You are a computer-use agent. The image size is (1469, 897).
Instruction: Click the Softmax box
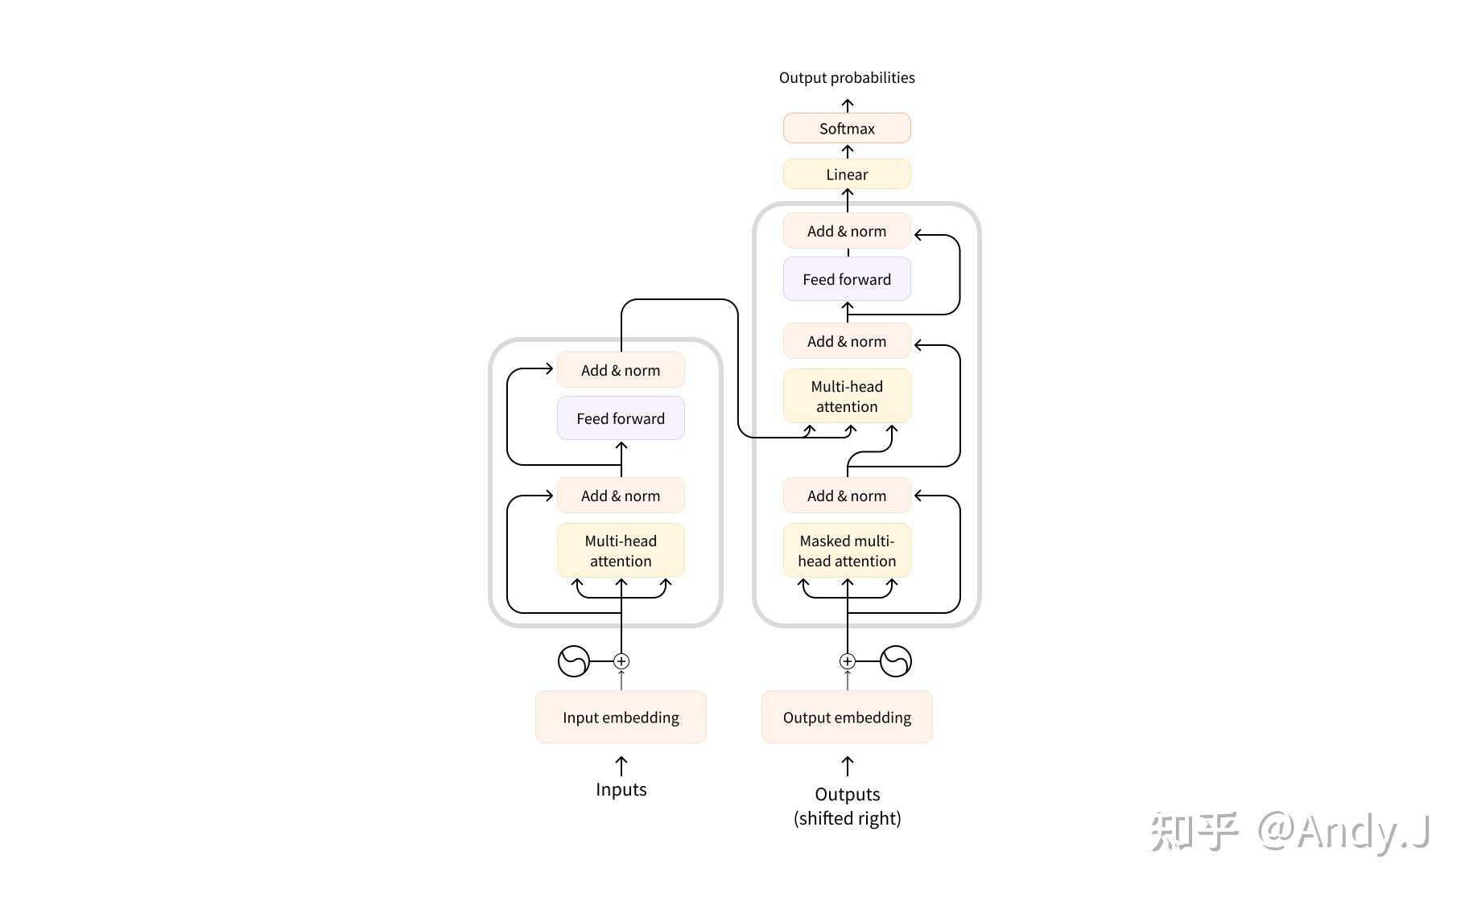pos(847,129)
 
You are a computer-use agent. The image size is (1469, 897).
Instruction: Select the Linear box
pos(847,175)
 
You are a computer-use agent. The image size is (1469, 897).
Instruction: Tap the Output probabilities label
pos(847,78)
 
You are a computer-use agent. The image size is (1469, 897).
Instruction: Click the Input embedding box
pos(621,717)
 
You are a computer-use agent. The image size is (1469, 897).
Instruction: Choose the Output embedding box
pos(847,717)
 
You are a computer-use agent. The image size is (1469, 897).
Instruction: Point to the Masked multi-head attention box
pos(847,551)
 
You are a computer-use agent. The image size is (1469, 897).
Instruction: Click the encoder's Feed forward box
pos(621,418)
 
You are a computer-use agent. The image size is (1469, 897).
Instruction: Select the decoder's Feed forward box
pos(847,279)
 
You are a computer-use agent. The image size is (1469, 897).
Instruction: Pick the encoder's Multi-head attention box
pos(621,551)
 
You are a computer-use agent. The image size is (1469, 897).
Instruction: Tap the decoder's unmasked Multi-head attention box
pos(847,397)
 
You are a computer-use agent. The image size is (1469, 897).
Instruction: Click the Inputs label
pos(621,789)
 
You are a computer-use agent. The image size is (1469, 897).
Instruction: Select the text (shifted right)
pos(848,818)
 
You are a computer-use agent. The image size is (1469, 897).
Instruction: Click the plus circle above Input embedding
pos(621,661)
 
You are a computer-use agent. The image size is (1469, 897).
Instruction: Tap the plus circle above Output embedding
pos(848,661)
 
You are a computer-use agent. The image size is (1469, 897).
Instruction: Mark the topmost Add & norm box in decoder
pos(847,232)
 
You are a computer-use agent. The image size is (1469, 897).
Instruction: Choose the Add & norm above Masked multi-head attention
pos(847,496)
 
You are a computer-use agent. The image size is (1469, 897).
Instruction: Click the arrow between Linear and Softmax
pos(848,151)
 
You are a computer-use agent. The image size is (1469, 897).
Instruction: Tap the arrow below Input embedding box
pos(621,766)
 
